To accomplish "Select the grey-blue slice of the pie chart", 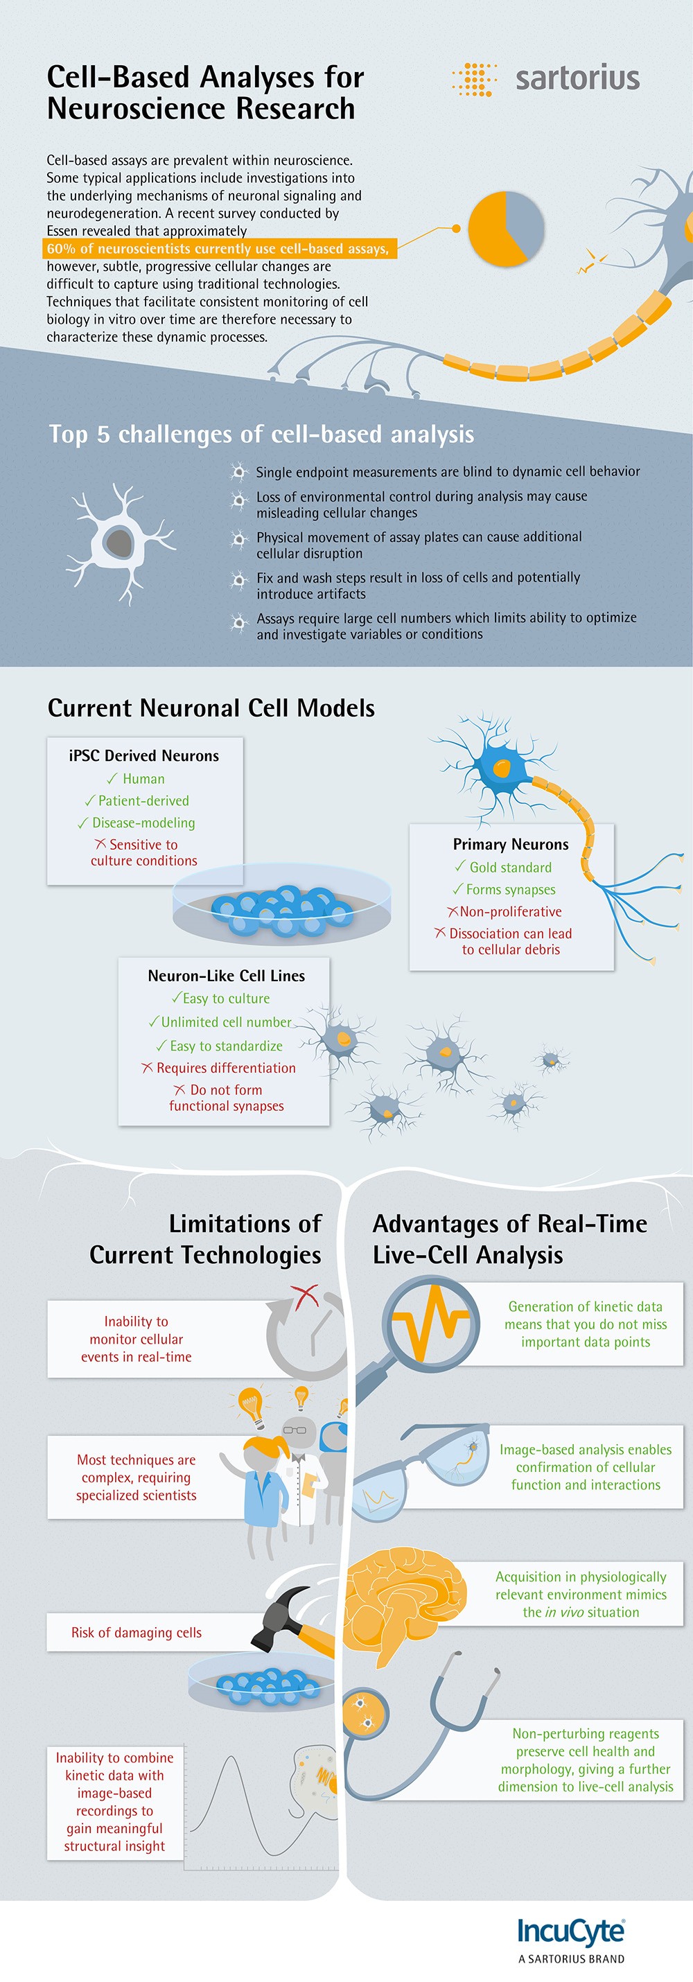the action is point(526,224).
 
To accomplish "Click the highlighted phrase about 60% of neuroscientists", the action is point(218,249).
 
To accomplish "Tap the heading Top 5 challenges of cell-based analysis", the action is point(261,434).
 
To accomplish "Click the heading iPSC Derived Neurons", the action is point(144,755).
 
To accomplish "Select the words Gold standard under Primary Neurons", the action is point(511,867).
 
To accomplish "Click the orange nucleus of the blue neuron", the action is point(502,767).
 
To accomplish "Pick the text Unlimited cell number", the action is point(226,1021).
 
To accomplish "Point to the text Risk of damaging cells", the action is point(136,1632).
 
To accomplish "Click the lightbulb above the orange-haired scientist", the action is point(251,1403).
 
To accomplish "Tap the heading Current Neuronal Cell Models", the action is point(211,708).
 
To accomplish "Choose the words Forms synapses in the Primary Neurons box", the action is point(511,889).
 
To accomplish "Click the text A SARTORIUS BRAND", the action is point(572,1959).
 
